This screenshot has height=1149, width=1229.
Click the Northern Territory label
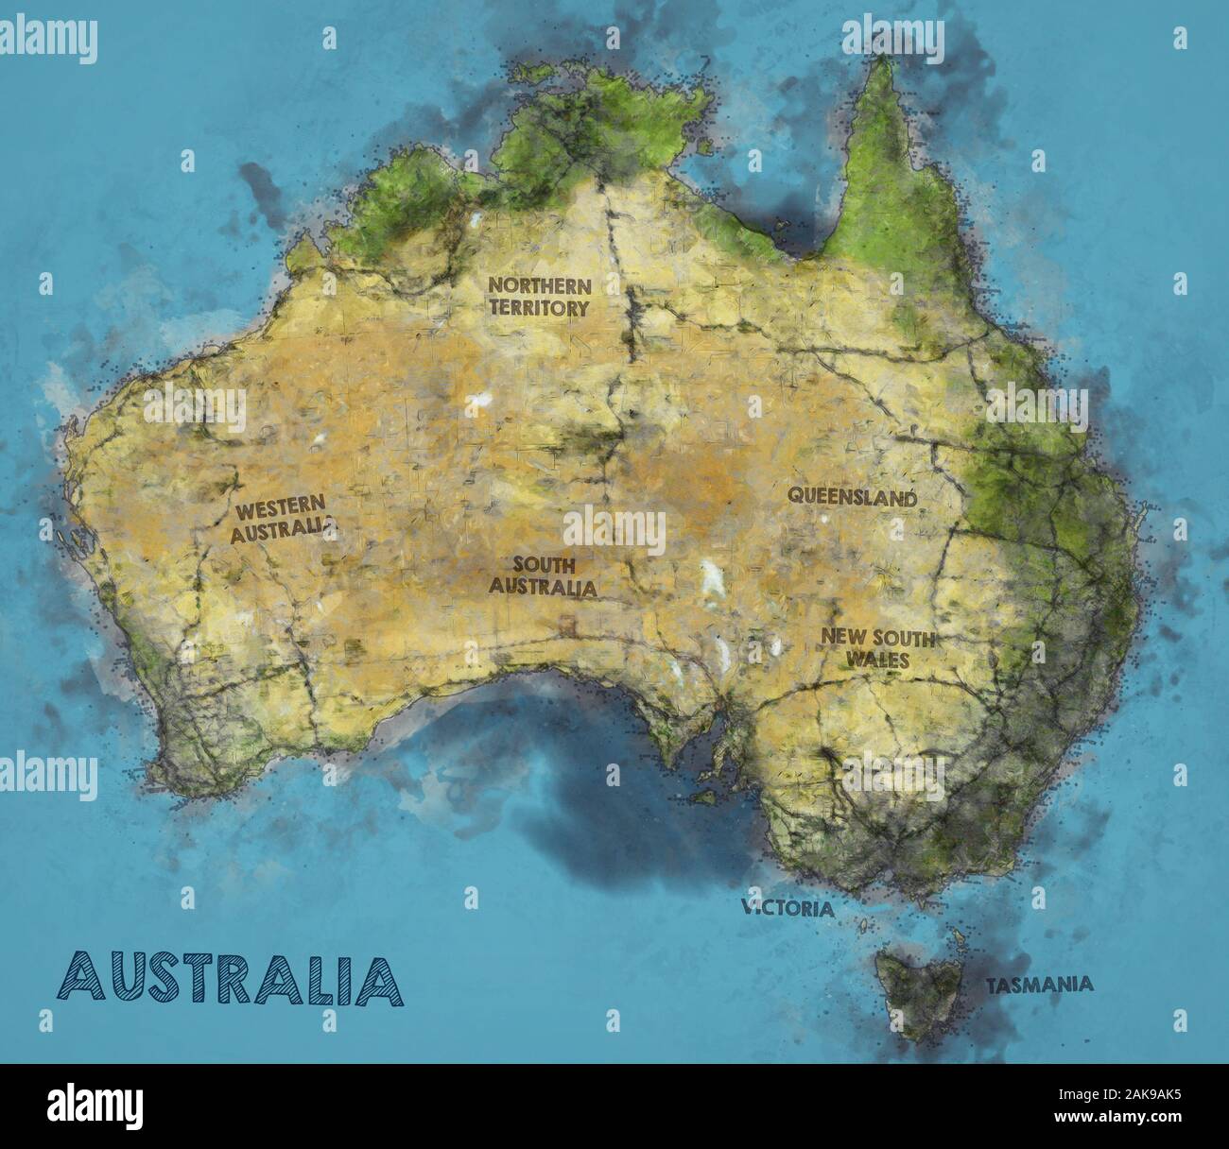click(x=539, y=296)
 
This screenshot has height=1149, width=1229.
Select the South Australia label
click(x=543, y=575)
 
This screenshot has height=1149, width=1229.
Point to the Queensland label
click(x=853, y=497)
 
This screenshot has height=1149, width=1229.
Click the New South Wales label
click(x=877, y=648)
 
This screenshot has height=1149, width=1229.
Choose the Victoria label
click(x=788, y=909)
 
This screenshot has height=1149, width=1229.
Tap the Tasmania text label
click(x=1040, y=985)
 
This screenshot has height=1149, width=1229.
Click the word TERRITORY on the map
click(x=539, y=307)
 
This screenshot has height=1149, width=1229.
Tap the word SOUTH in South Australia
click(x=544, y=565)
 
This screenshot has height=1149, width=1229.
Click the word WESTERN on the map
click(x=281, y=508)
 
